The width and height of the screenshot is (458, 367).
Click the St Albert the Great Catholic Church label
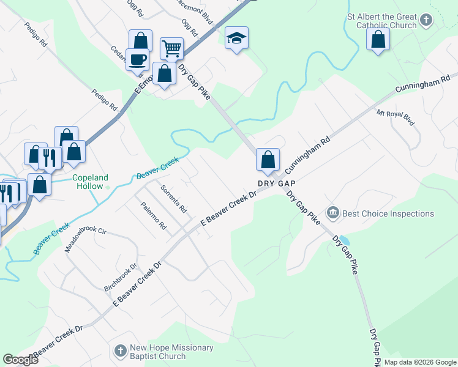click(381, 21)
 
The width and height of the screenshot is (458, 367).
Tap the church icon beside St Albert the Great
click(427, 21)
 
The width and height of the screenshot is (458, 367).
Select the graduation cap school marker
click(236, 39)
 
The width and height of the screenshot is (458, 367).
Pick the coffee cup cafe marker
click(138, 59)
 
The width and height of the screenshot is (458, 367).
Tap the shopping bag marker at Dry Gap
click(268, 160)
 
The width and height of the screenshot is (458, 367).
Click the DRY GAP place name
click(277, 183)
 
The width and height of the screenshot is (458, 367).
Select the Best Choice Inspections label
click(388, 213)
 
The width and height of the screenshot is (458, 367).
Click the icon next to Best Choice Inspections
click(333, 213)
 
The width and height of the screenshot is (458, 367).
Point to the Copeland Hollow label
click(91, 182)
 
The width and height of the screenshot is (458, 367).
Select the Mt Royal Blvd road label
click(396, 118)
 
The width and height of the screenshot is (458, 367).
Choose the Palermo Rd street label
click(153, 216)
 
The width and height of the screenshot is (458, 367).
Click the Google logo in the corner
click(20, 359)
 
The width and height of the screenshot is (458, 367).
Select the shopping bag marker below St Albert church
click(378, 40)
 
